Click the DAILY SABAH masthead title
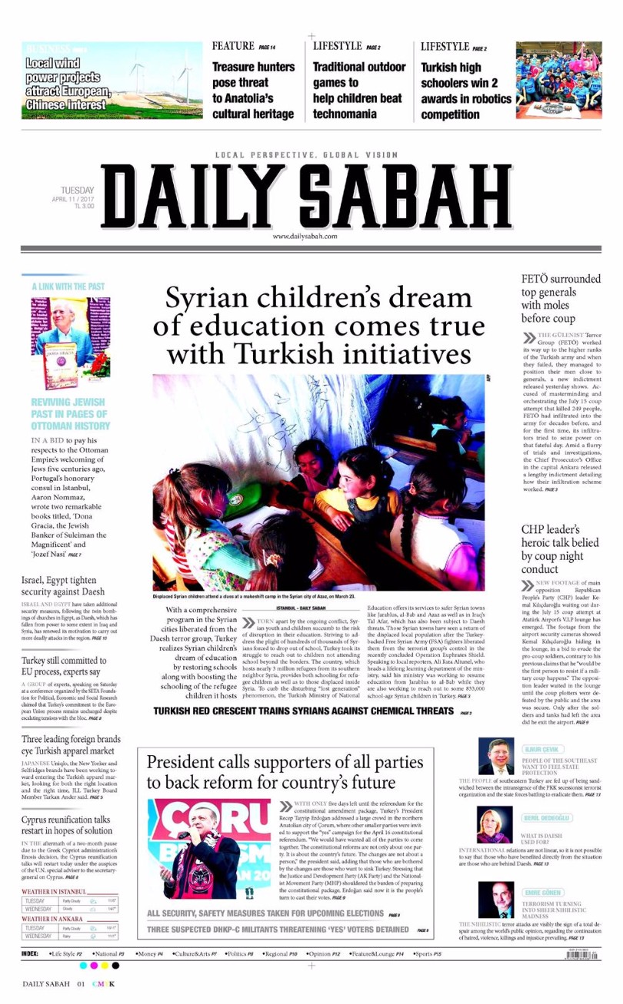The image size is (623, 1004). click(x=306, y=197)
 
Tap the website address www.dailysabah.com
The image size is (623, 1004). click(x=305, y=237)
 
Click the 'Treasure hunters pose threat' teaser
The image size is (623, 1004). click(x=253, y=91)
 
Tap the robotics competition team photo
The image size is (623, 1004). click(x=558, y=79)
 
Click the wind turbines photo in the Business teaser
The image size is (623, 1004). click(x=158, y=79)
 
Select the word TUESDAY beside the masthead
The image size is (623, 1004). click(x=78, y=190)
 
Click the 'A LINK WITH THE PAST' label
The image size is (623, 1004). click(x=68, y=287)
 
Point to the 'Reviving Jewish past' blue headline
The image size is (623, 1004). click(x=70, y=413)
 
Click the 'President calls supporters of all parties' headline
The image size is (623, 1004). click(x=285, y=772)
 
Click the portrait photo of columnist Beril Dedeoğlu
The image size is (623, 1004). click(x=495, y=824)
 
